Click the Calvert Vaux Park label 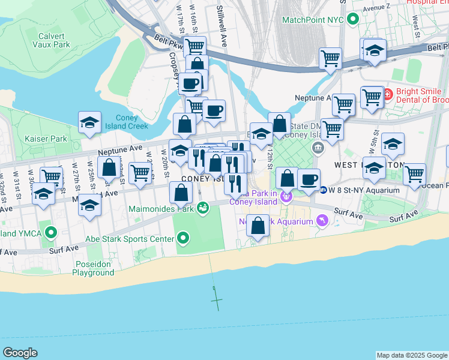click(51, 40)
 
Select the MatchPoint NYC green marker click(353, 20)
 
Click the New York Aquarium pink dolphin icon click(324, 221)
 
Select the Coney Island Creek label click(131, 122)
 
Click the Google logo click(20, 353)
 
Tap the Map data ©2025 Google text click(411, 355)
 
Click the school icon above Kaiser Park click(90, 122)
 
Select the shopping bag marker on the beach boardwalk click(258, 227)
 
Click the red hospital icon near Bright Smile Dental click(387, 94)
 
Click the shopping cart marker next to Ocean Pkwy click(414, 173)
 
